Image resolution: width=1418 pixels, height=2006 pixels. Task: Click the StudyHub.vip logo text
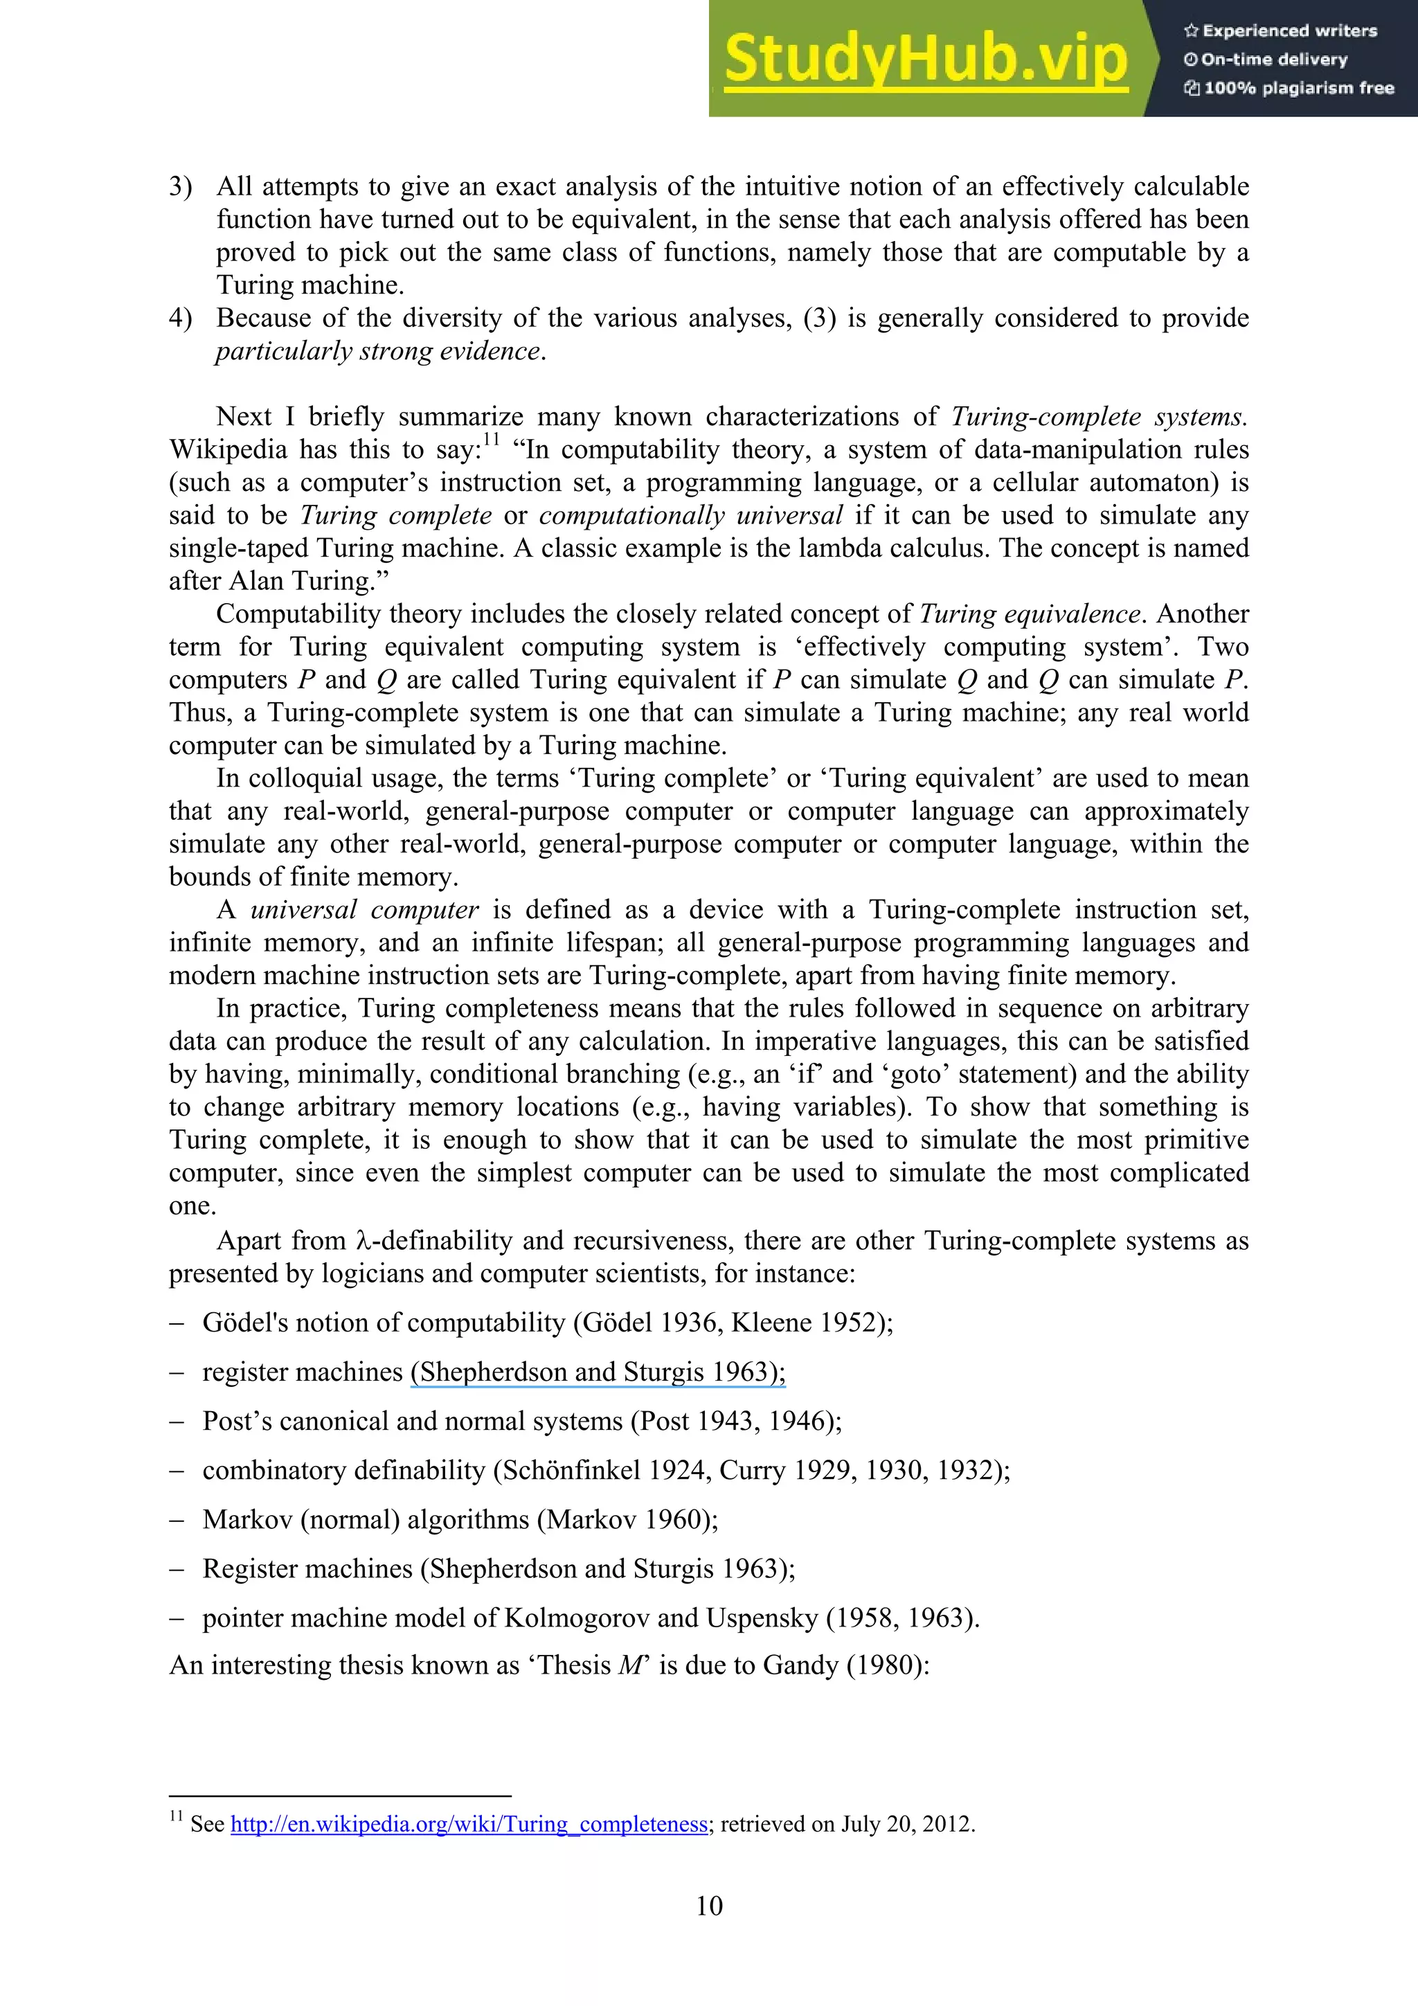click(924, 60)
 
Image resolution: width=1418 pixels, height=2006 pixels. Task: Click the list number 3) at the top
click(181, 187)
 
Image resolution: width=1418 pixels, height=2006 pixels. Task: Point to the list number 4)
click(181, 318)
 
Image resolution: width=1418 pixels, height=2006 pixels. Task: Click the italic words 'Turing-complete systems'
click(1097, 417)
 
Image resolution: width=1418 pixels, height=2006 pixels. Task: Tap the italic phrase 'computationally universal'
click(690, 515)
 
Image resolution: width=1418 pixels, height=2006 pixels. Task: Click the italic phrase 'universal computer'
click(364, 909)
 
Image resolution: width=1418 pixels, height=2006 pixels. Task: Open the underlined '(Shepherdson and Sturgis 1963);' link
click(598, 1372)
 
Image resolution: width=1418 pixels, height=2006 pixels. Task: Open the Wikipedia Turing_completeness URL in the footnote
click(468, 1825)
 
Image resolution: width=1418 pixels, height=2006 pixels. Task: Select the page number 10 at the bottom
click(708, 1906)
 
